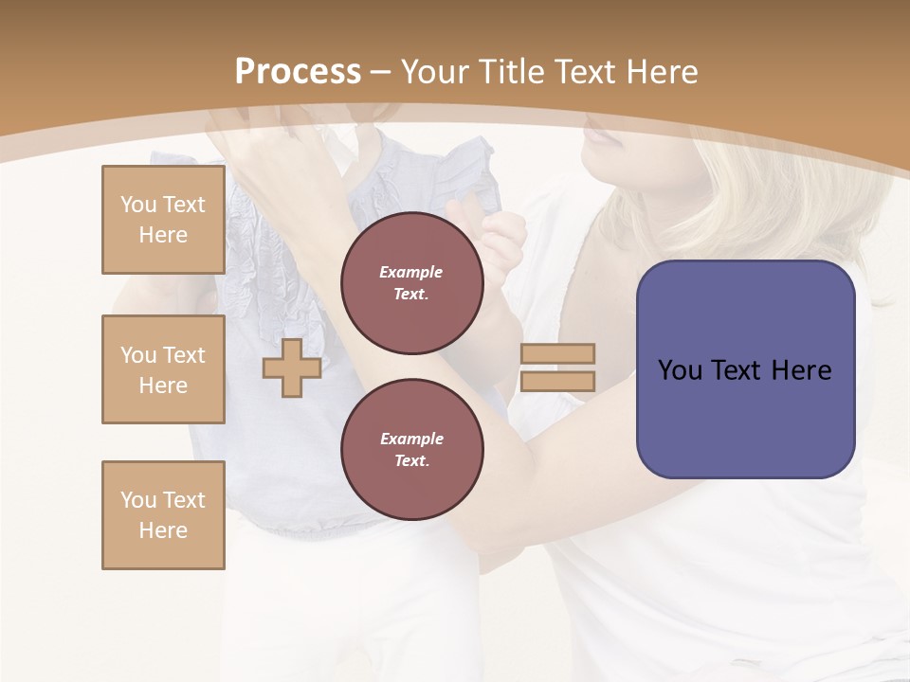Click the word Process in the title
click(298, 72)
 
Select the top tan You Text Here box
click(163, 220)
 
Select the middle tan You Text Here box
click(163, 369)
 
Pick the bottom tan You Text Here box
click(163, 515)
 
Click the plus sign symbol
click(292, 368)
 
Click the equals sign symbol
click(557, 368)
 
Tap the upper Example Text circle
click(412, 283)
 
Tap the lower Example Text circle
click(412, 450)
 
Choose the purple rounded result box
click(745, 369)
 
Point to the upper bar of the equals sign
click(557, 354)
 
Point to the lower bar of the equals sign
click(557, 381)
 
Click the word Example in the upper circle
click(411, 273)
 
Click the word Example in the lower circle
click(411, 440)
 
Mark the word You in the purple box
click(680, 370)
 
